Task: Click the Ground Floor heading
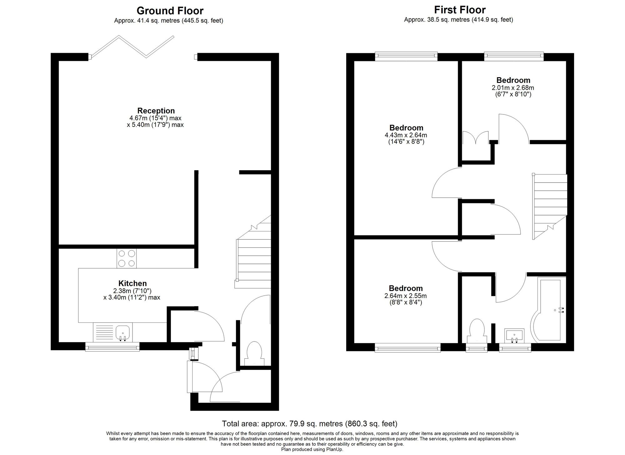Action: click(x=170, y=11)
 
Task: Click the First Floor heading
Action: click(x=460, y=10)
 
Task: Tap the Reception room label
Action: click(x=156, y=111)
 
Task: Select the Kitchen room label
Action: click(x=132, y=283)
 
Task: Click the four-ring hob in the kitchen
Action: click(x=127, y=258)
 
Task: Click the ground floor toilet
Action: click(x=254, y=353)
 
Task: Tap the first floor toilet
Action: click(x=477, y=331)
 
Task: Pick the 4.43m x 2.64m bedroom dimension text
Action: click(x=406, y=138)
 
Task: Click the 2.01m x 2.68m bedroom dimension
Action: click(x=513, y=91)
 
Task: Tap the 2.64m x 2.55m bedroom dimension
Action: click(x=405, y=299)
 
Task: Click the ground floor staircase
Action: click(x=253, y=252)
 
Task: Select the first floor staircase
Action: click(x=549, y=207)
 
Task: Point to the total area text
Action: click(x=310, y=424)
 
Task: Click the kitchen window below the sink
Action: click(x=112, y=346)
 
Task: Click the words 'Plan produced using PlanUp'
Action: click(x=312, y=449)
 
